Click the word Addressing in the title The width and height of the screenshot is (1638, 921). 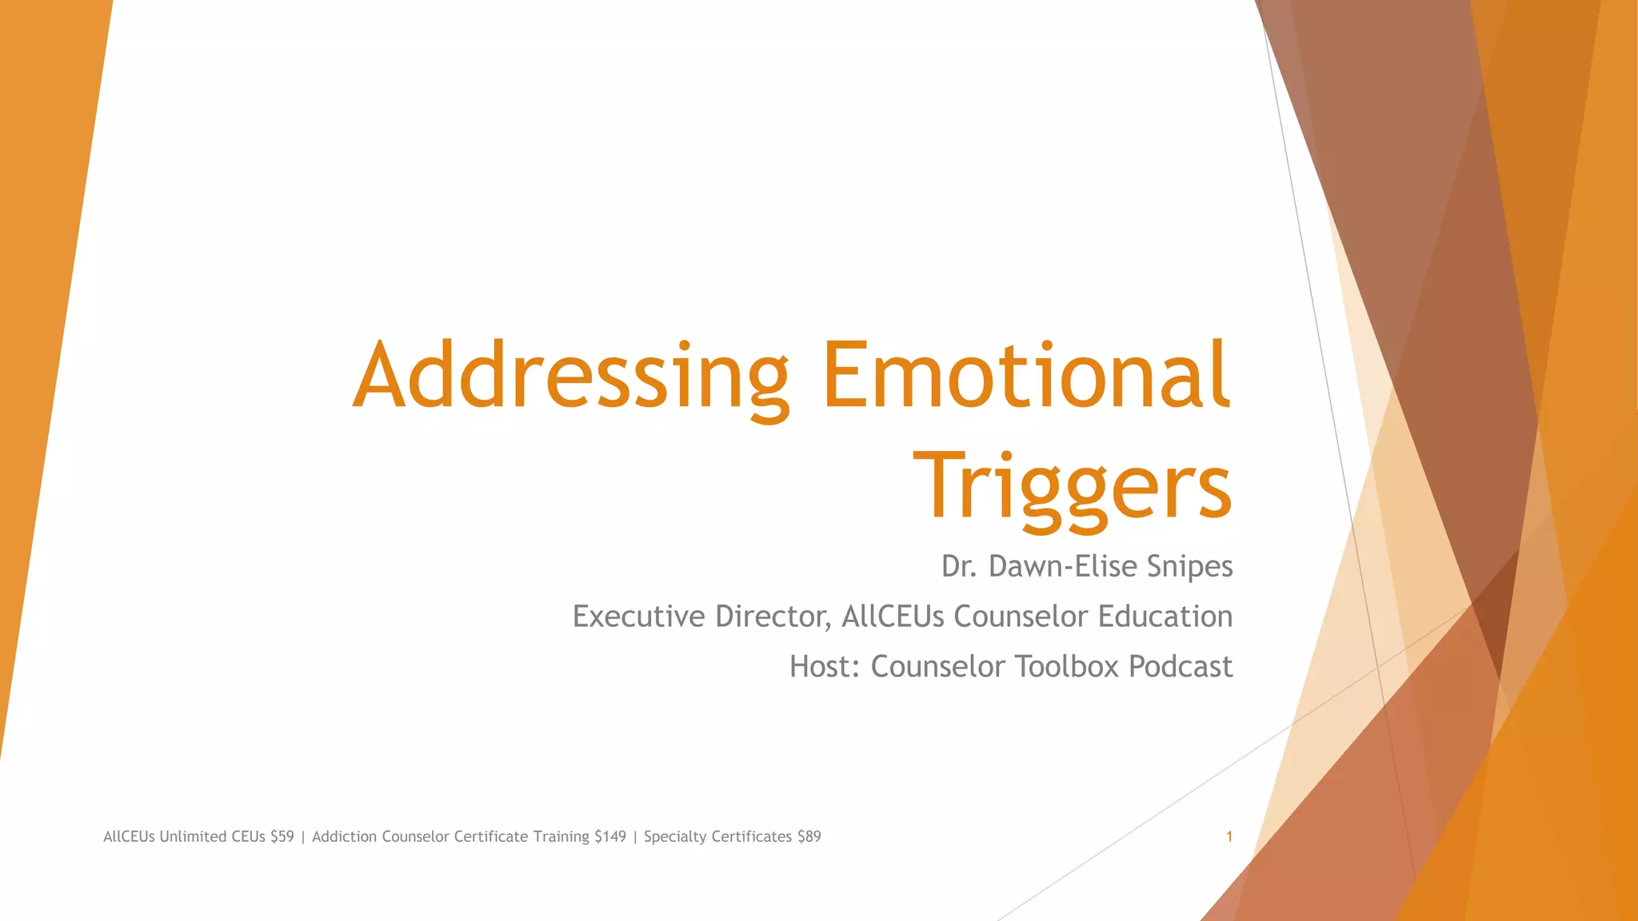(570, 376)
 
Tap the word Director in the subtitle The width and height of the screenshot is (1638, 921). (773, 616)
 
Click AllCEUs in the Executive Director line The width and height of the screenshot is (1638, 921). (893, 616)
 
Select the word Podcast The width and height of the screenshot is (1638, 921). (1181, 667)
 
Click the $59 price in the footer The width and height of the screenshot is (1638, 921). (282, 837)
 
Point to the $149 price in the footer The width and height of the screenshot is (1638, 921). (609, 837)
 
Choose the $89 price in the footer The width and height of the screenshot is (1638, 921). (809, 837)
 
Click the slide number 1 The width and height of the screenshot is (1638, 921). (1229, 837)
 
